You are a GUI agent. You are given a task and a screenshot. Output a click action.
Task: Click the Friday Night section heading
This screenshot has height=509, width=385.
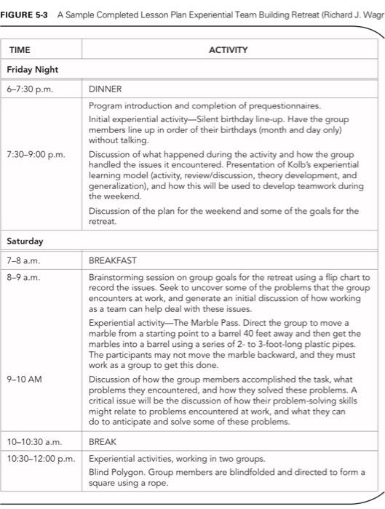33,70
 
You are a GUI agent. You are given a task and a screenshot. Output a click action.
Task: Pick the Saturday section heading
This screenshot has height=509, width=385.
25,240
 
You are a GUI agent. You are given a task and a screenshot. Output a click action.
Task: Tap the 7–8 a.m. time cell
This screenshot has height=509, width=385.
23,260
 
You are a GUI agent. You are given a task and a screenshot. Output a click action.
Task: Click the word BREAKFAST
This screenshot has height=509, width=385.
113,260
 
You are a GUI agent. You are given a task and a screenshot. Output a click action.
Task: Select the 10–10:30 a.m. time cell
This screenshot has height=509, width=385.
33,441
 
